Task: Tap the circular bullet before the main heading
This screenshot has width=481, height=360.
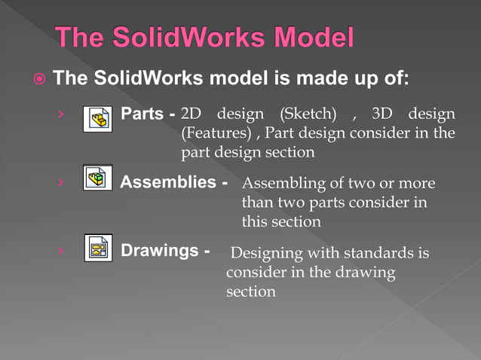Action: [x=38, y=78]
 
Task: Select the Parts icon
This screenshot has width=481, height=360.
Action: [x=97, y=117]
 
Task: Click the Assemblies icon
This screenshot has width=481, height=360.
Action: [x=97, y=178]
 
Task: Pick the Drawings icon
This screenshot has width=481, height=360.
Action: [x=97, y=249]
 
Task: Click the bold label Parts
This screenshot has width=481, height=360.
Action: [x=142, y=114]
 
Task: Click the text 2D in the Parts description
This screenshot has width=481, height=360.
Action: [x=192, y=115]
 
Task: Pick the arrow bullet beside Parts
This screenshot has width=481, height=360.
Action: [x=59, y=115]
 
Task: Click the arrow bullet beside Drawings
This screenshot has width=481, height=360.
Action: [x=59, y=250]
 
